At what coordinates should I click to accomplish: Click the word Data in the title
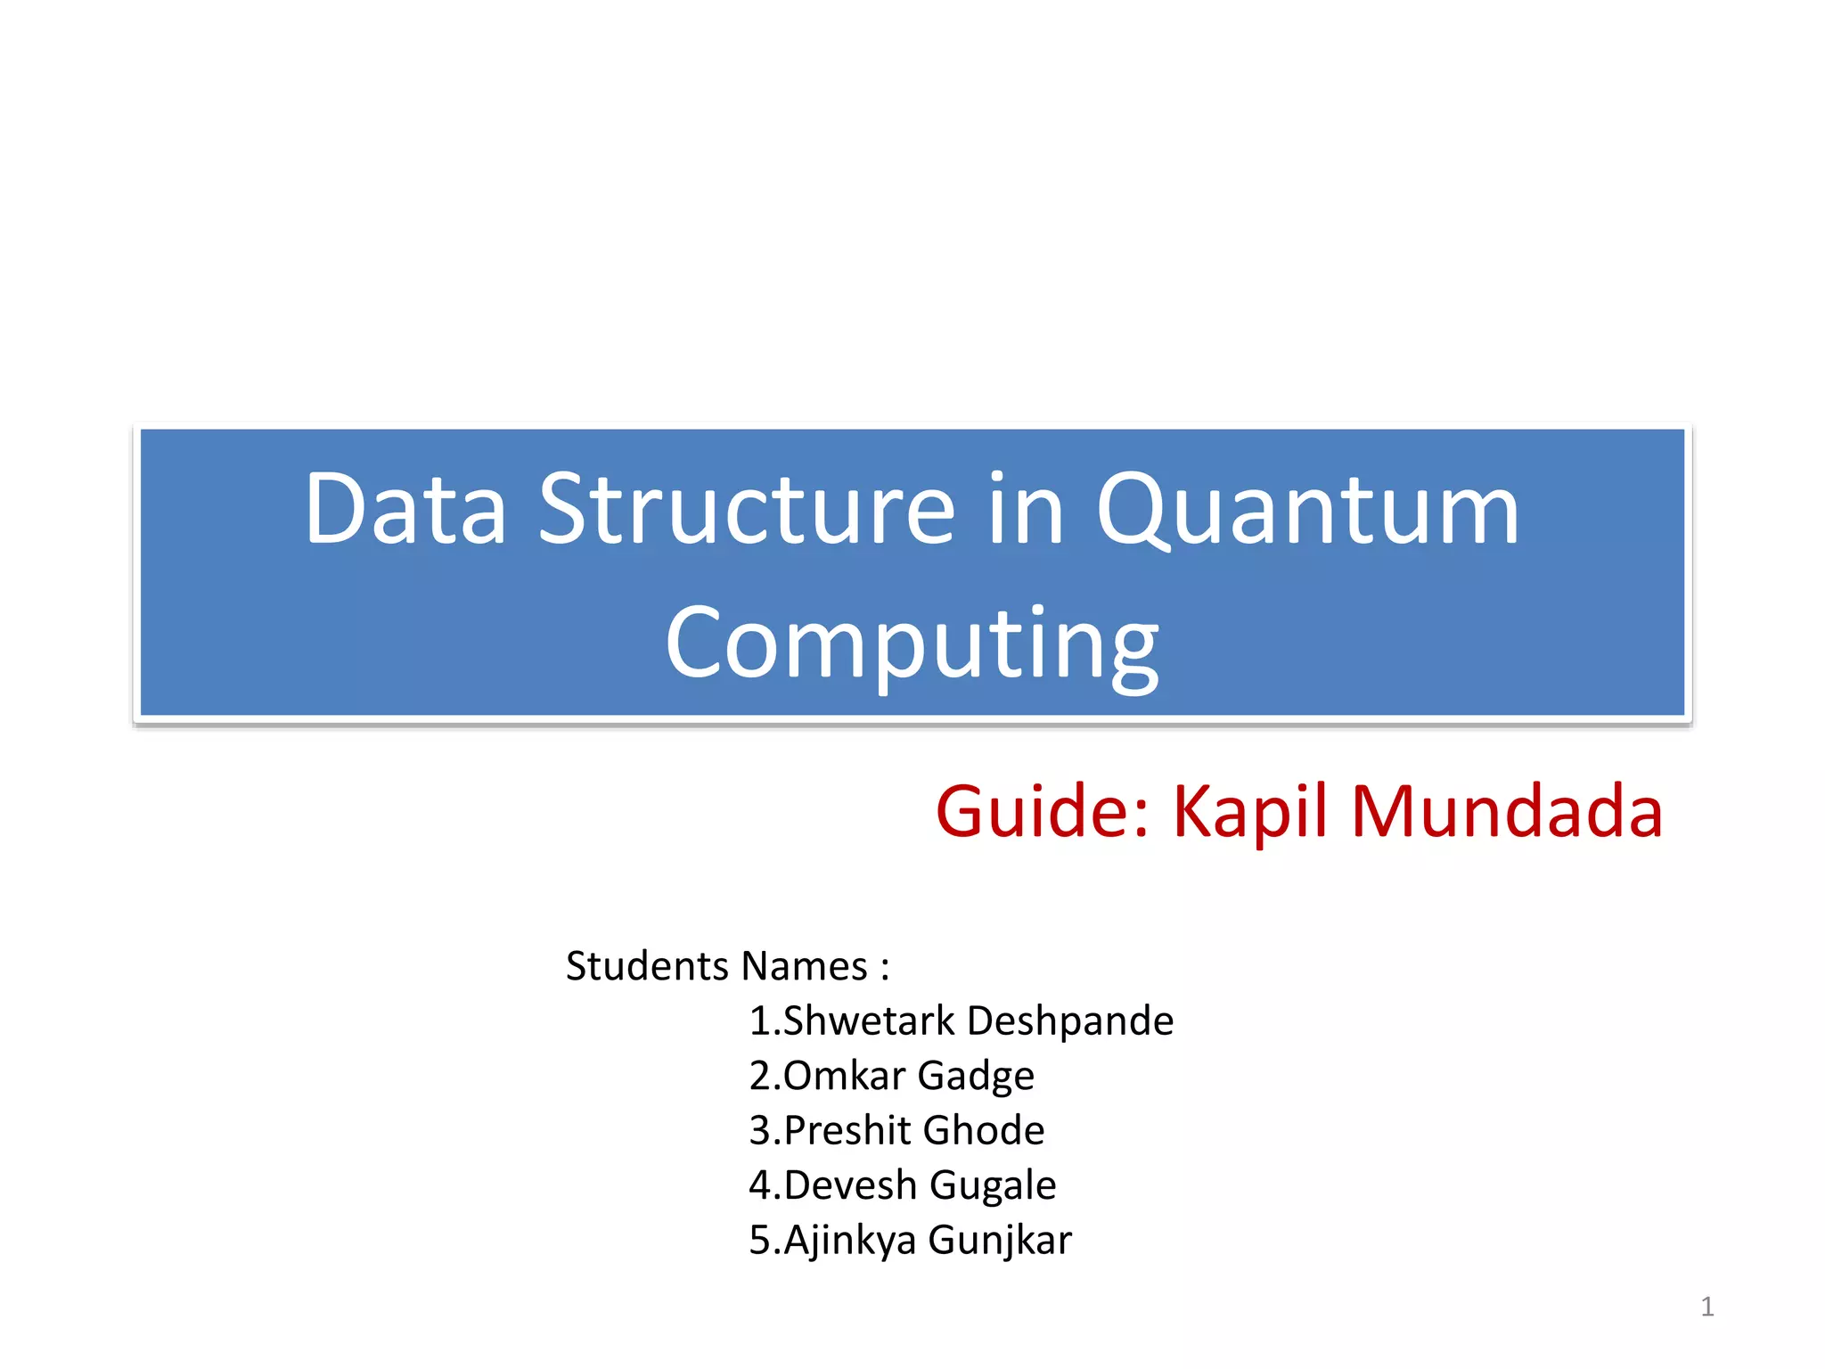pos(405,510)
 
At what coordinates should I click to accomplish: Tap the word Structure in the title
pos(747,510)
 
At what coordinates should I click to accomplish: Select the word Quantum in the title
pos(1307,510)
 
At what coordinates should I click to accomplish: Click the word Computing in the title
pos(912,644)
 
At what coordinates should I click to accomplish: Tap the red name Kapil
pos(1251,812)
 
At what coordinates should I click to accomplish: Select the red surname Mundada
pos(1507,812)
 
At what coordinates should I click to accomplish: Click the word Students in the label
pos(648,966)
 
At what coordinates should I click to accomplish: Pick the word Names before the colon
pos(805,966)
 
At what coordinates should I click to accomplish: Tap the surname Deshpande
pos(1070,1021)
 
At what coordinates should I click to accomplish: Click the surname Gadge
pos(976,1076)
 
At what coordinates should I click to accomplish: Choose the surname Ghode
pos(984,1131)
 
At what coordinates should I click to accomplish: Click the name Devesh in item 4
pos(850,1185)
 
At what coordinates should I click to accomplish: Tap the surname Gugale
pos(993,1185)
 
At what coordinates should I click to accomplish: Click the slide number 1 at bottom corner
pos(1706,1307)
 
